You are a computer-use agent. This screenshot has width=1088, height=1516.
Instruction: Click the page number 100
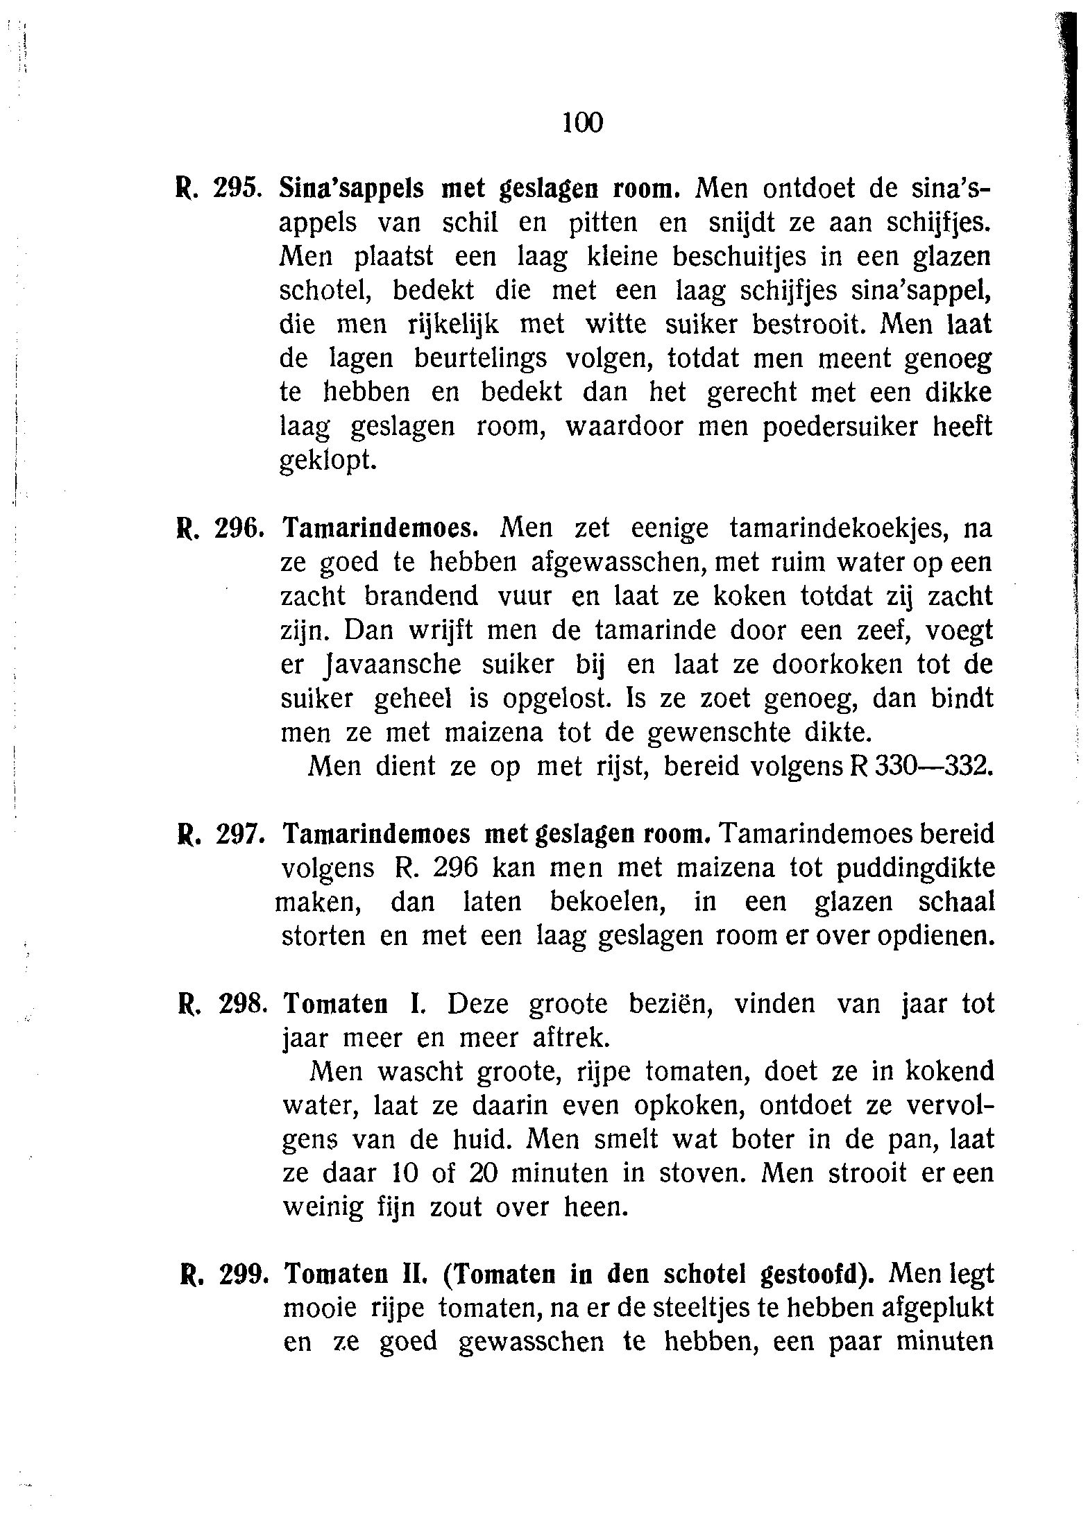[583, 123]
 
